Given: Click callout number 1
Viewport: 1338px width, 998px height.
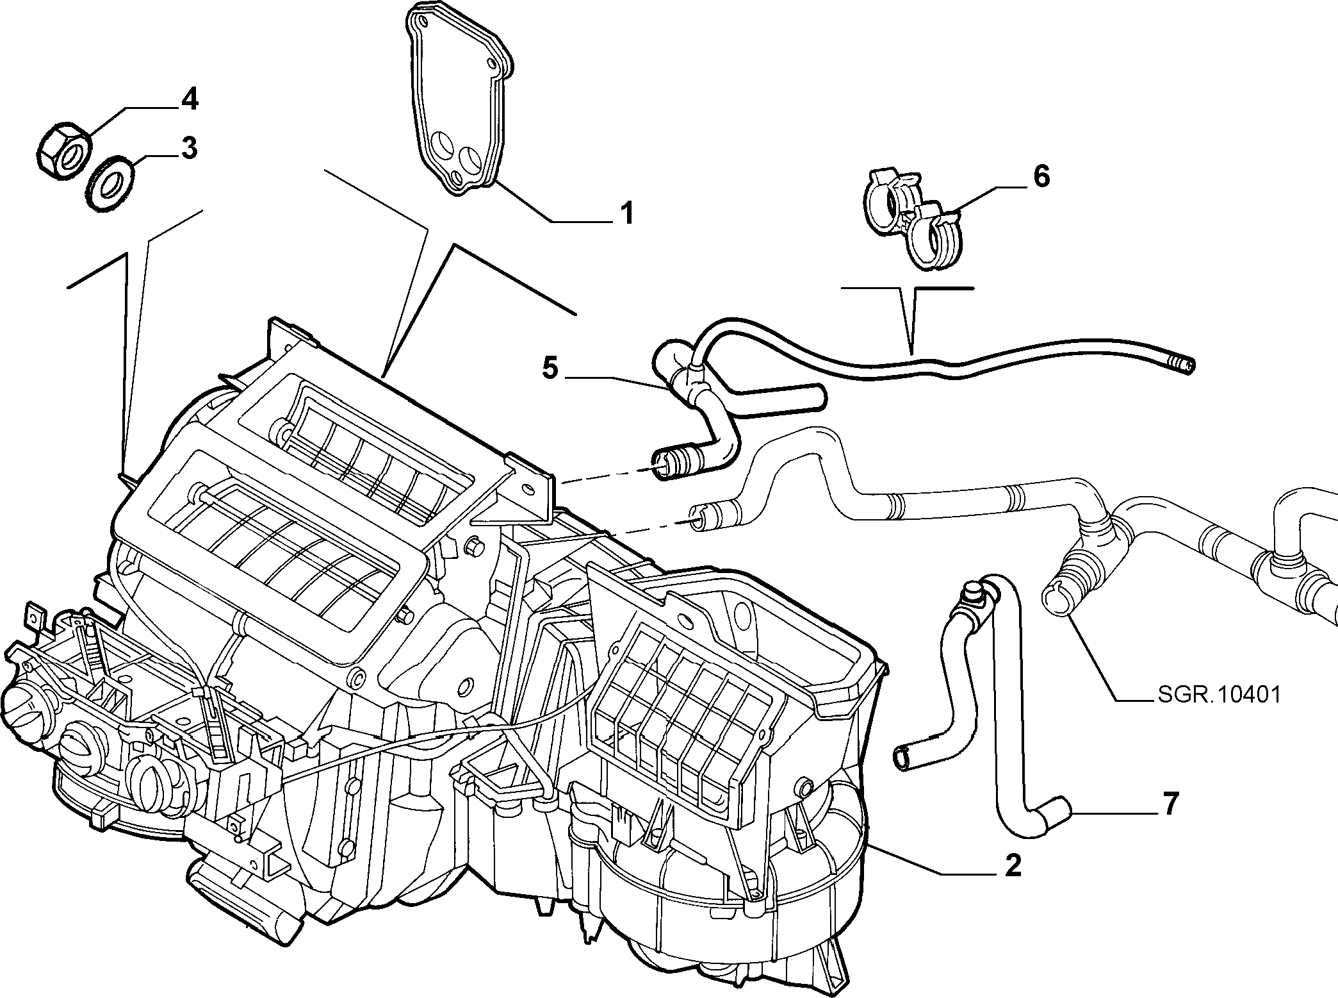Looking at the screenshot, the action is [x=626, y=213].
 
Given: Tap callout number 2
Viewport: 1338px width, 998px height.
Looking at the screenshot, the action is [x=1013, y=866].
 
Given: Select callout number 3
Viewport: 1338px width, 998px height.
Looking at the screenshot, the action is [x=188, y=148].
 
